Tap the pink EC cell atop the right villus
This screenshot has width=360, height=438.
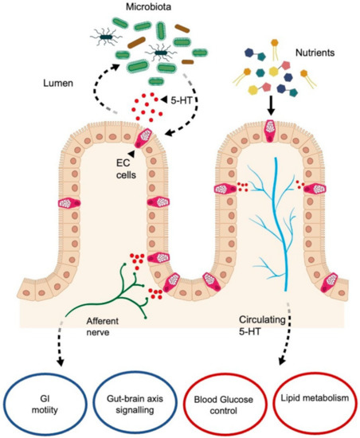pyautogui.click(x=272, y=129)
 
